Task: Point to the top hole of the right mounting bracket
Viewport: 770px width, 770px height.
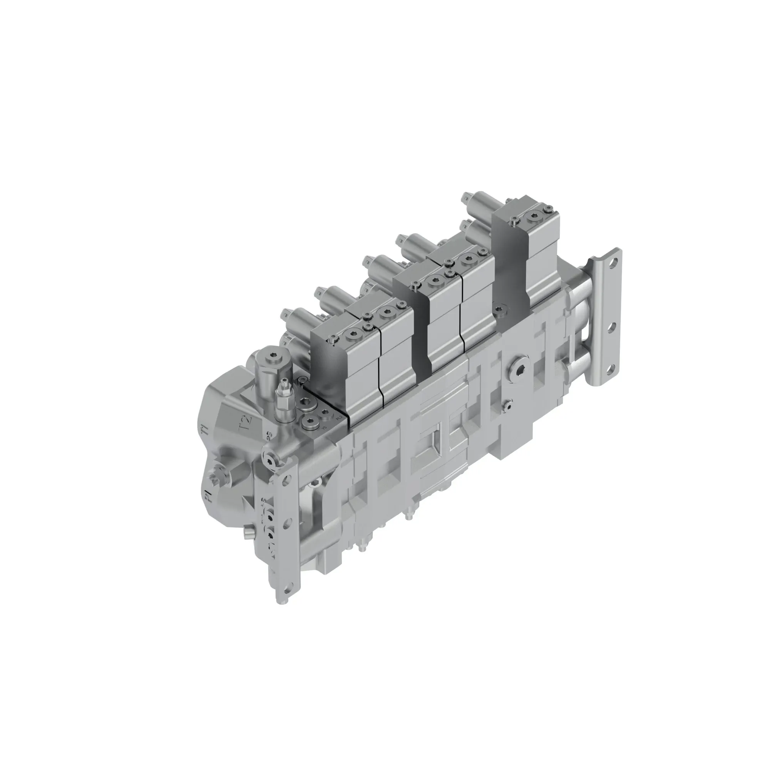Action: click(x=616, y=263)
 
